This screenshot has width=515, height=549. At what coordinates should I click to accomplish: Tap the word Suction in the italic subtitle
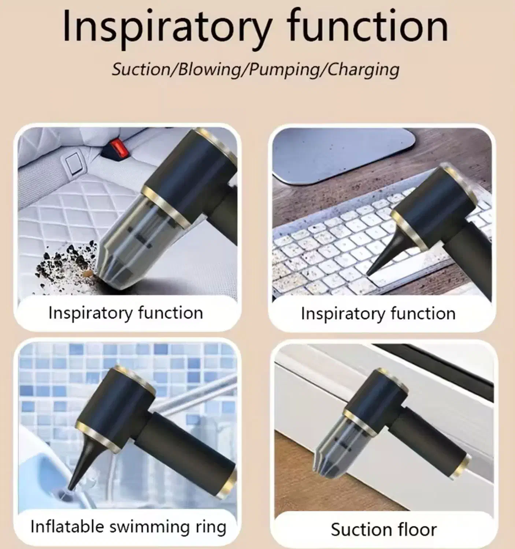pos(141,70)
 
